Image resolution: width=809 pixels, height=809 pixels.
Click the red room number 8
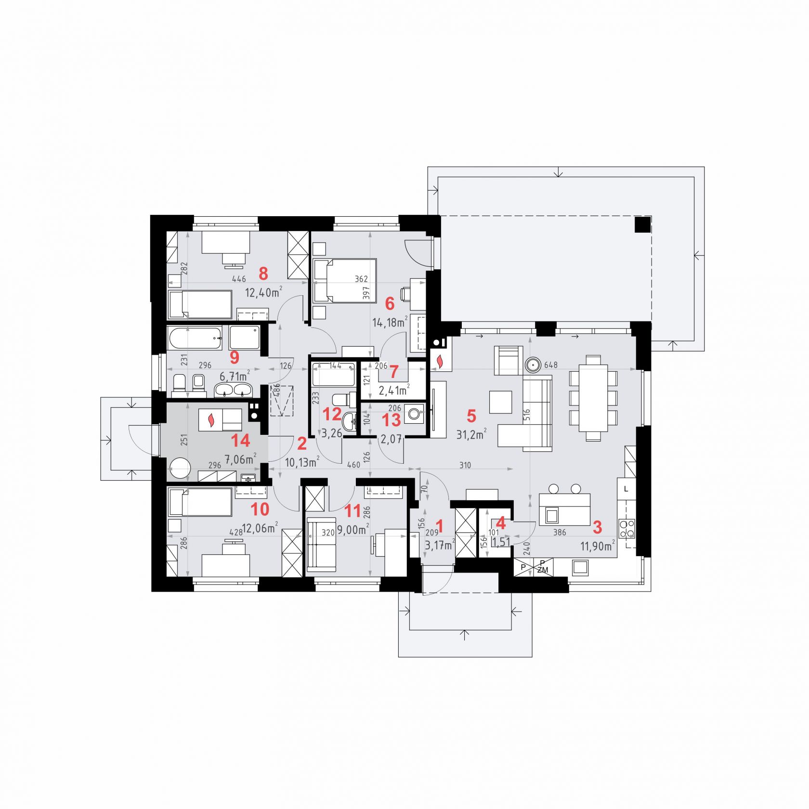(x=263, y=274)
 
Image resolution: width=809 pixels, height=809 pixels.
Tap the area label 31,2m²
(x=471, y=434)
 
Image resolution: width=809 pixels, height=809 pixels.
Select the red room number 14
(x=241, y=440)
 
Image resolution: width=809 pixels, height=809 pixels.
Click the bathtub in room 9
(x=195, y=338)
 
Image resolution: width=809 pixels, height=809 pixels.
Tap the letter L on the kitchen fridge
(x=626, y=489)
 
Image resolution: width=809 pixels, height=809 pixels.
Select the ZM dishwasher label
(x=543, y=570)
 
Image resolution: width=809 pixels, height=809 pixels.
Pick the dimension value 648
(x=551, y=365)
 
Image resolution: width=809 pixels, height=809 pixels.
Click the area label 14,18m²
(x=391, y=322)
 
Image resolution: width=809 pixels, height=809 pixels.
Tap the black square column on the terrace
(x=642, y=225)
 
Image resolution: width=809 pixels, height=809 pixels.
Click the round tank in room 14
(x=180, y=469)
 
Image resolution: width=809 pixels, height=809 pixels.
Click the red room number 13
(x=391, y=420)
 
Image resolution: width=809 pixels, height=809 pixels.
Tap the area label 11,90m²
(x=597, y=546)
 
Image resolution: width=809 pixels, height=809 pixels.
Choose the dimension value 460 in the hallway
(x=353, y=465)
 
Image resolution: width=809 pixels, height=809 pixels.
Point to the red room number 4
(x=501, y=523)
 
